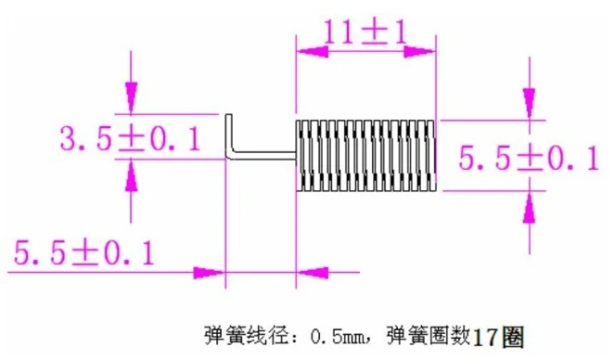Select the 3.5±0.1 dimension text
[131, 138]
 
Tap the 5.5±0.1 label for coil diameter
[529, 158]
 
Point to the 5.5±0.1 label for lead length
[83, 253]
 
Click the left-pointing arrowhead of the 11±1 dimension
[313, 51]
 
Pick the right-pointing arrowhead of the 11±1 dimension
[419, 51]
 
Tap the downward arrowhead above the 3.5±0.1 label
[132, 97]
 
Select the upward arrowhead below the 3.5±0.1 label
[132, 175]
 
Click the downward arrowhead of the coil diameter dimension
[530, 104]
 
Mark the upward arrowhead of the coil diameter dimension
[530, 208]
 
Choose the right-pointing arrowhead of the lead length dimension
[209, 272]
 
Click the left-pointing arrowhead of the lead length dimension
[313, 272]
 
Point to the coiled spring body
[365, 156]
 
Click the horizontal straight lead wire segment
[263, 156]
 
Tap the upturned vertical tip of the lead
[229, 134]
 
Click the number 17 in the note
[485, 337]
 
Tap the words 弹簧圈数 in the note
[429, 335]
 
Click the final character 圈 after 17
[512, 337]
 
